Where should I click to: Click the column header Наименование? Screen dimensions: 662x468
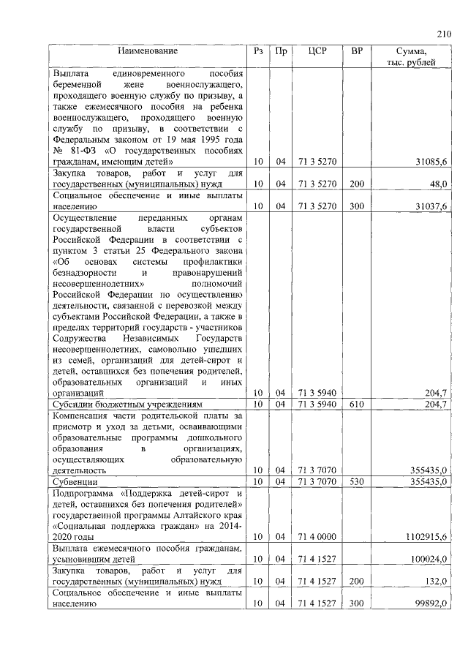pos(149,51)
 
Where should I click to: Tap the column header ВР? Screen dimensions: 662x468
pos(357,51)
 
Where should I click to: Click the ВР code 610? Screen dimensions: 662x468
pos(357,403)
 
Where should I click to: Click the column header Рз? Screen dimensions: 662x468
pos(257,51)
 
